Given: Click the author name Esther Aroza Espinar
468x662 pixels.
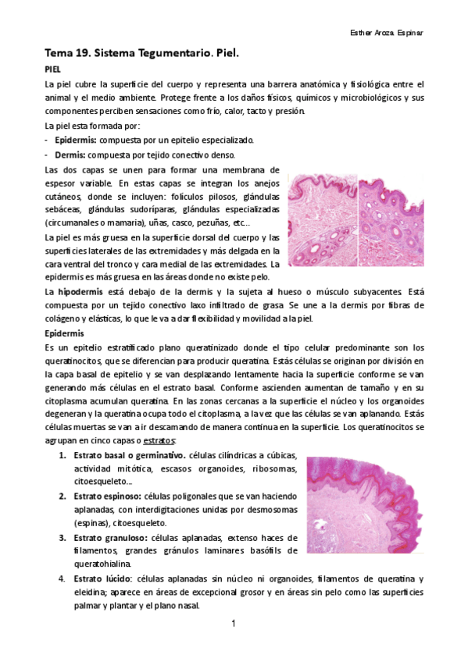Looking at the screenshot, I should pos(388,35).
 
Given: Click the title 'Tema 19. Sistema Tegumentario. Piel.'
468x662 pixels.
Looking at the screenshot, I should pos(141,55).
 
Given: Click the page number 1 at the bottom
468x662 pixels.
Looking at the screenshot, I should pos(234,625).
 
